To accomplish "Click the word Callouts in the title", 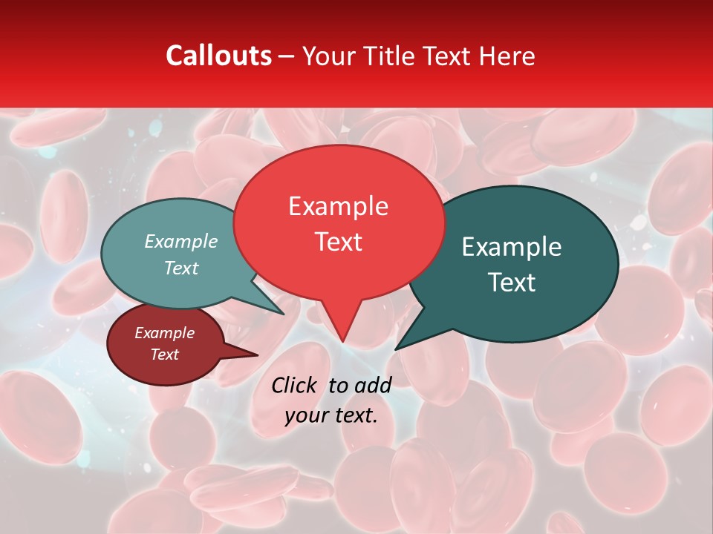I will [218, 56].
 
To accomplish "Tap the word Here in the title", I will [507, 56].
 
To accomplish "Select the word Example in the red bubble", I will [338, 206].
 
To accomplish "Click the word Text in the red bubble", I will [338, 242].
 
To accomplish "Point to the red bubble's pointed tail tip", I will [342, 341].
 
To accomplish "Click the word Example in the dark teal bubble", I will [512, 247].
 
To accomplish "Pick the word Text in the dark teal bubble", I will [512, 283].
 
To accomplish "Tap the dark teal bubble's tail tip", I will [396, 349].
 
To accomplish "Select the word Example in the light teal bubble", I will [181, 241].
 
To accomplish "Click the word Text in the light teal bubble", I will [181, 268].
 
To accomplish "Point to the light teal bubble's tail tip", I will [284, 314].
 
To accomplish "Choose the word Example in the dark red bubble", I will [164, 333].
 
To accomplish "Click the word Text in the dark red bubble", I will [164, 355].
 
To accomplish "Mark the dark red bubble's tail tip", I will [258, 355].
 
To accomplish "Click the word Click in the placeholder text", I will [295, 385].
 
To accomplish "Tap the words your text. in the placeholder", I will [331, 415].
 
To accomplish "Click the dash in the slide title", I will [287, 56].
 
